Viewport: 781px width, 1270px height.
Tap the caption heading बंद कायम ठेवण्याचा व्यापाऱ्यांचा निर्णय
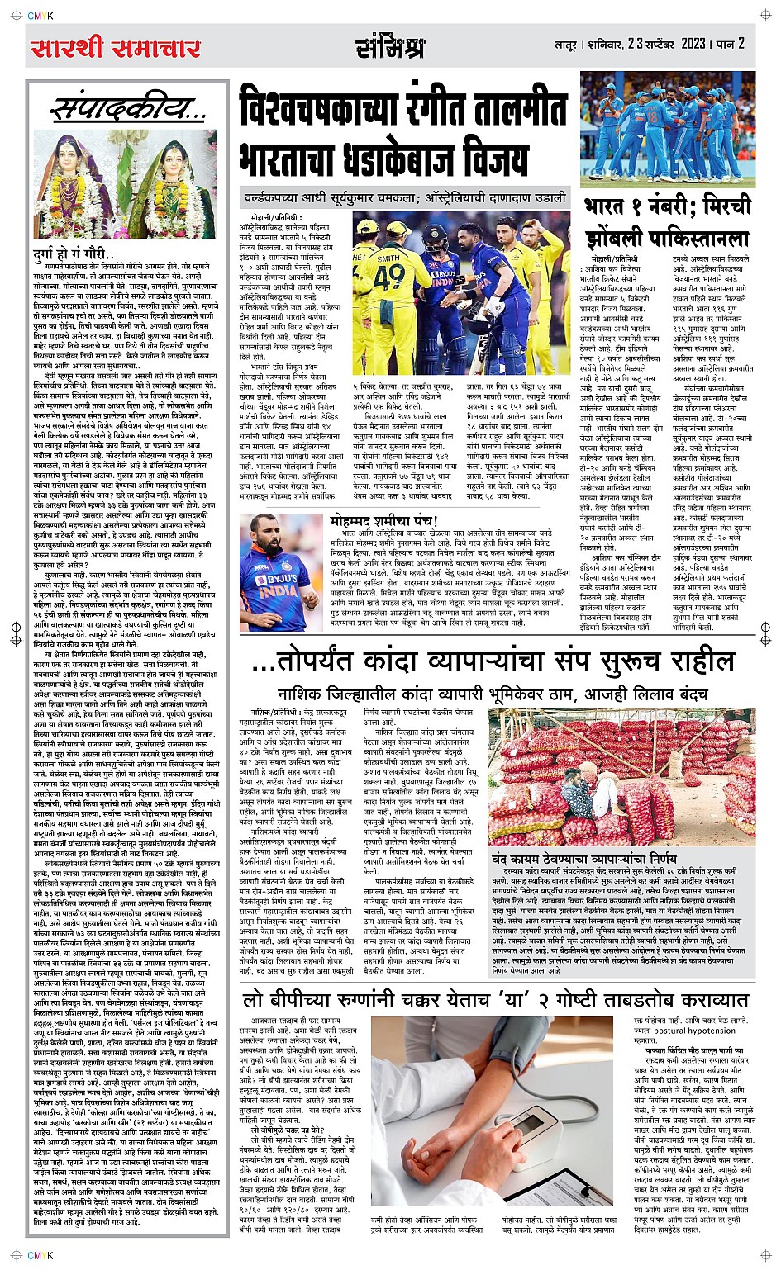pos(583,858)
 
